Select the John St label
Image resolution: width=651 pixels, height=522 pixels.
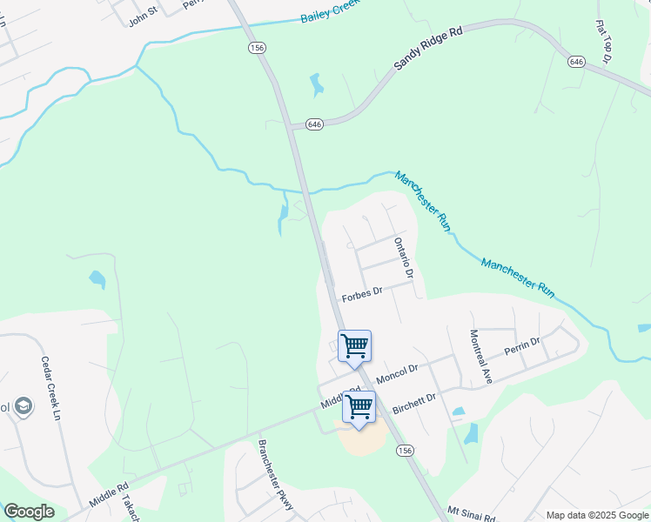pyautogui.click(x=142, y=17)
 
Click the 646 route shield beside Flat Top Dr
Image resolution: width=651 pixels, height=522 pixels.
pyautogui.click(x=576, y=62)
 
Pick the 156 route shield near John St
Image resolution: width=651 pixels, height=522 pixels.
pyautogui.click(x=256, y=49)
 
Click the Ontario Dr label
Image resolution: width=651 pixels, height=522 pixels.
pyautogui.click(x=401, y=258)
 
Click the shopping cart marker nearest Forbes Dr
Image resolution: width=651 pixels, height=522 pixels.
pyautogui.click(x=354, y=345)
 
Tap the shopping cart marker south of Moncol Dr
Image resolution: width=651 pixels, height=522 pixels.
pyautogui.click(x=359, y=407)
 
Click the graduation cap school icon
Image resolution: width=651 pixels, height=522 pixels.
pyautogui.click(x=23, y=406)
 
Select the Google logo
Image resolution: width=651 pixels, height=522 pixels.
pyautogui.click(x=29, y=512)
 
